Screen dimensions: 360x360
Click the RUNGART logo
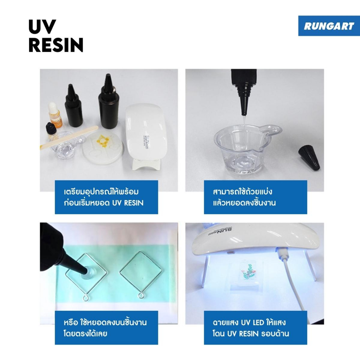(x=329, y=26)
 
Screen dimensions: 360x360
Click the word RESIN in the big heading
(x=56, y=45)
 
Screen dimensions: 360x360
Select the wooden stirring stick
(x=69, y=137)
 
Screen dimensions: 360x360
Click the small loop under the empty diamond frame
(x=141, y=295)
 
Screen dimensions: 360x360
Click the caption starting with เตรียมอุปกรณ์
(x=104, y=197)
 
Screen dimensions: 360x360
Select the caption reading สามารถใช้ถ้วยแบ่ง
(x=244, y=197)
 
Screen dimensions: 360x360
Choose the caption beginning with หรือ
(x=105, y=328)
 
